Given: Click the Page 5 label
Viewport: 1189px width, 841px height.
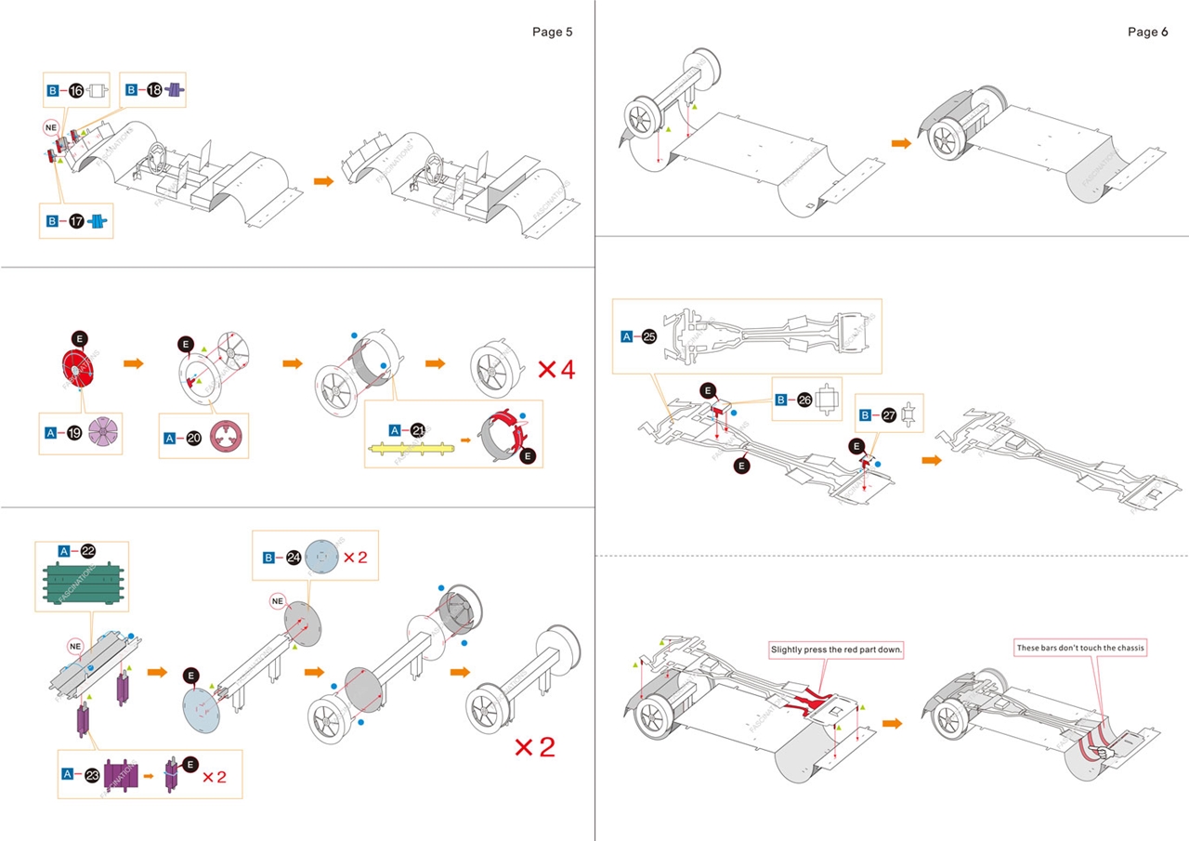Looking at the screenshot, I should (x=552, y=32).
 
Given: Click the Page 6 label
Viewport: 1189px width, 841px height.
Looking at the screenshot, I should (x=1148, y=32).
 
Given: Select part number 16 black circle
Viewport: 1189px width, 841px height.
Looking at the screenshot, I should (x=76, y=91).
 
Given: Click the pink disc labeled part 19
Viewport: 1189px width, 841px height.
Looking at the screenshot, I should (x=104, y=434).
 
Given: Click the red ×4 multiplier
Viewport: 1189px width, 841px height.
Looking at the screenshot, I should (x=556, y=369).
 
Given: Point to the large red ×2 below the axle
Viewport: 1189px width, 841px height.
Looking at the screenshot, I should (x=534, y=747).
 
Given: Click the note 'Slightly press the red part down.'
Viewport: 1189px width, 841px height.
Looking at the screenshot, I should (x=836, y=649).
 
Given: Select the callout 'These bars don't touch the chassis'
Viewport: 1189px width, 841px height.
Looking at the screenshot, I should (x=1080, y=647).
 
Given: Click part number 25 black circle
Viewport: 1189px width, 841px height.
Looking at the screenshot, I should (x=649, y=336).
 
